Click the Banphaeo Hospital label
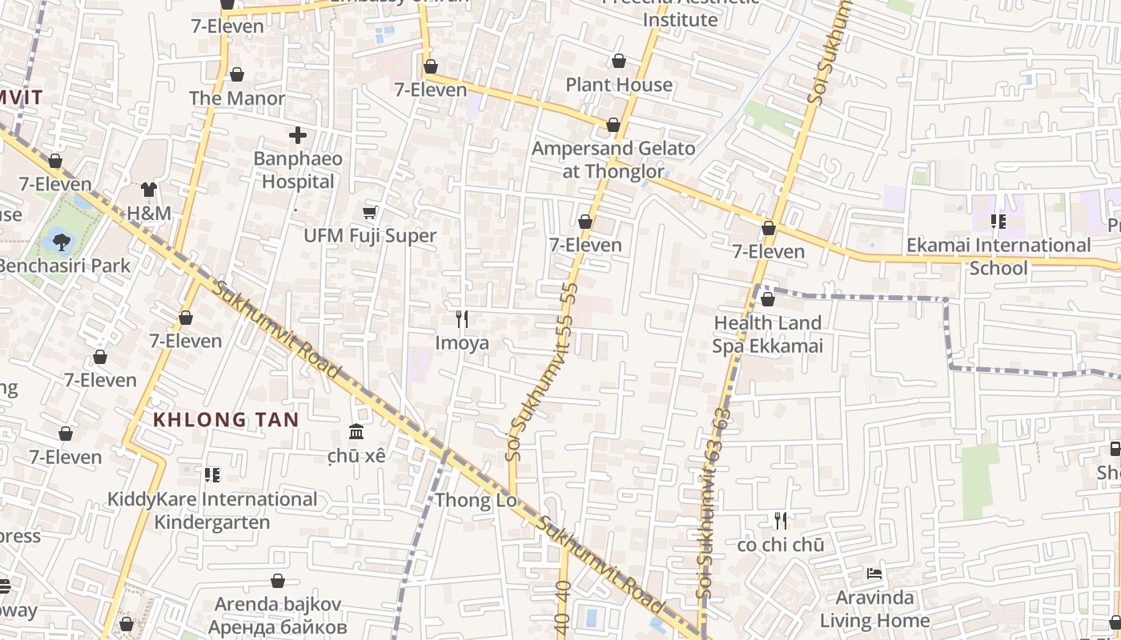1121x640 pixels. (x=298, y=170)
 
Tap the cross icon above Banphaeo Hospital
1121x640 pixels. (x=298, y=135)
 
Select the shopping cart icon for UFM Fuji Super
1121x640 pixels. (x=370, y=212)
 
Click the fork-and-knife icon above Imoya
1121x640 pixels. (x=461, y=319)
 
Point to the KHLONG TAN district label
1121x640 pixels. (x=226, y=419)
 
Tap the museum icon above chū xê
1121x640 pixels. (x=356, y=432)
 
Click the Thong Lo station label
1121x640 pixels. (x=475, y=501)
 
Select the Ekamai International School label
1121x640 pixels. (x=998, y=256)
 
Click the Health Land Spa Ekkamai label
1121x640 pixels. (x=767, y=334)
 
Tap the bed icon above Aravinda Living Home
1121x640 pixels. (x=874, y=574)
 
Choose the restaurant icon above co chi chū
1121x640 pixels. (x=781, y=521)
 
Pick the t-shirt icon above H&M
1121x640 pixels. (x=149, y=190)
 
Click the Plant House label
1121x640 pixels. (x=619, y=85)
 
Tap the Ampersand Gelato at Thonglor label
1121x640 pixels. (x=613, y=159)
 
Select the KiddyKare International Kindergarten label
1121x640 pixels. (x=212, y=510)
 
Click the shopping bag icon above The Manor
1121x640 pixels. (x=237, y=75)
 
